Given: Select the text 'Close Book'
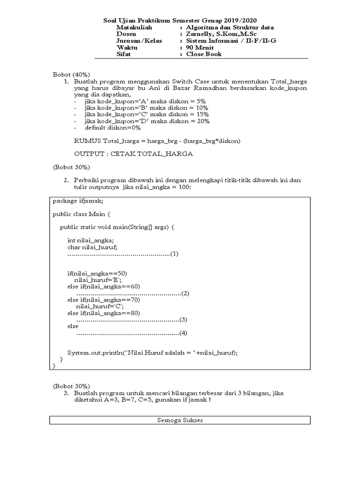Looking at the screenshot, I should [x=204, y=54].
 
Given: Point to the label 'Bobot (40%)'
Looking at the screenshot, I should [x=71, y=75].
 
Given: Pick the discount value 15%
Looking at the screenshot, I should [x=202, y=114].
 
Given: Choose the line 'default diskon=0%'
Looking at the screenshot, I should [x=112, y=127].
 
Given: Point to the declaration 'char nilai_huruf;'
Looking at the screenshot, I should [x=92, y=247].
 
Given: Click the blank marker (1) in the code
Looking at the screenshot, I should [x=174, y=254].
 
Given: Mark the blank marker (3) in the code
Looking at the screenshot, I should [x=183, y=320].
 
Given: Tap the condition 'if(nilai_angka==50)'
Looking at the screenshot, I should [x=97, y=273].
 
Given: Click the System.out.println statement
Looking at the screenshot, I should [x=152, y=353].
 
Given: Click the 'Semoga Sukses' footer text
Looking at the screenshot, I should [x=180, y=420].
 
